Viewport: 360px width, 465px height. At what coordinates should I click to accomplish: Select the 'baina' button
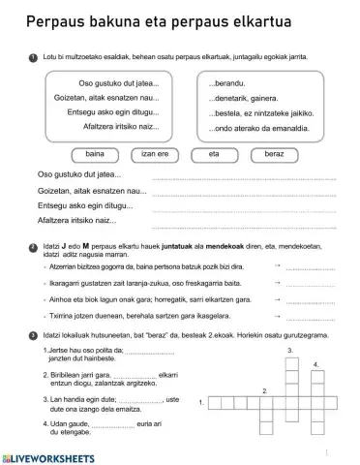(96, 153)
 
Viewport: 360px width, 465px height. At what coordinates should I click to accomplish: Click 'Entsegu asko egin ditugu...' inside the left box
(109, 112)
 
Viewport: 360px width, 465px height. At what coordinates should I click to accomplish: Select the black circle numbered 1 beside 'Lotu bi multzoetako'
(34, 57)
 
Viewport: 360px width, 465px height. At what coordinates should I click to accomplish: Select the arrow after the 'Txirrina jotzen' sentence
(278, 316)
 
